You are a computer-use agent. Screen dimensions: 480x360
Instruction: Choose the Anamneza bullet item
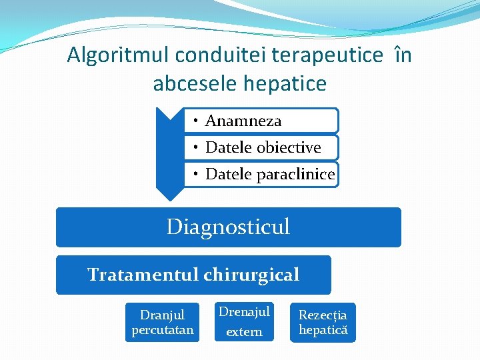[x=243, y=121]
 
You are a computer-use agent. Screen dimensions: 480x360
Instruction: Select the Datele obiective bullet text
[x=263, y=147]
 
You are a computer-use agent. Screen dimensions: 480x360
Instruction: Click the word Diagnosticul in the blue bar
[x=228, y=227]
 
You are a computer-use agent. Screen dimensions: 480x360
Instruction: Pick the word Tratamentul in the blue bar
[x=143, y=274]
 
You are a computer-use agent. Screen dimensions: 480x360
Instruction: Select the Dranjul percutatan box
[x=162, y=322]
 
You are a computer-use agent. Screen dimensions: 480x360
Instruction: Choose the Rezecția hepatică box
[x=323, y=322]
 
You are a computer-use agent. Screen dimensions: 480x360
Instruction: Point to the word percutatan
[x=162, y=330]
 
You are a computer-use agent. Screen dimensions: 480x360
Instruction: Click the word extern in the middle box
[x=244, y=332]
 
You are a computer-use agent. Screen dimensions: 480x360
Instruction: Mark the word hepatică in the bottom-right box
[x=323, y=330]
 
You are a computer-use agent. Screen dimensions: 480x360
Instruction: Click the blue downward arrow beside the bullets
[x=169, y=153]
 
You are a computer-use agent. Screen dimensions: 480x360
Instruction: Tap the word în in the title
[x=403, y=55]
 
